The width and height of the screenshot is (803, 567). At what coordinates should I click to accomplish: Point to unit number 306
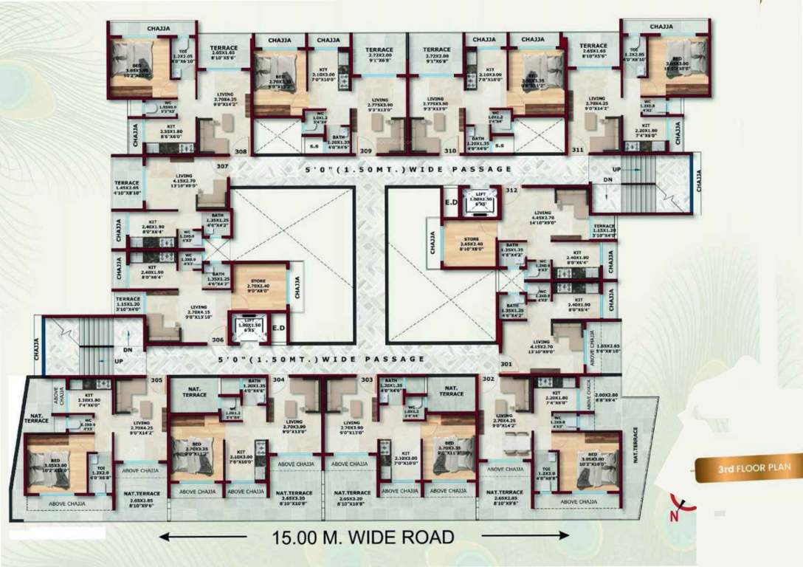click(218, 340)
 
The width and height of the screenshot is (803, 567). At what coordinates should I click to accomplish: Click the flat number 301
click(506, 364)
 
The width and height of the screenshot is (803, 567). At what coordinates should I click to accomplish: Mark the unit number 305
click(156, 380)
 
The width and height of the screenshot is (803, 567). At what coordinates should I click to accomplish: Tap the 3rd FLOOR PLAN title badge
click(747, 467)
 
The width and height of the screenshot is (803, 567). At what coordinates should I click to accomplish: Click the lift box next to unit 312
click(480, 202)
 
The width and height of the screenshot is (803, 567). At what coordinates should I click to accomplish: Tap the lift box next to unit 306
click(248, 326)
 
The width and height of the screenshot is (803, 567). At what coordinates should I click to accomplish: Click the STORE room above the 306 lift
click(259, 286)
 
